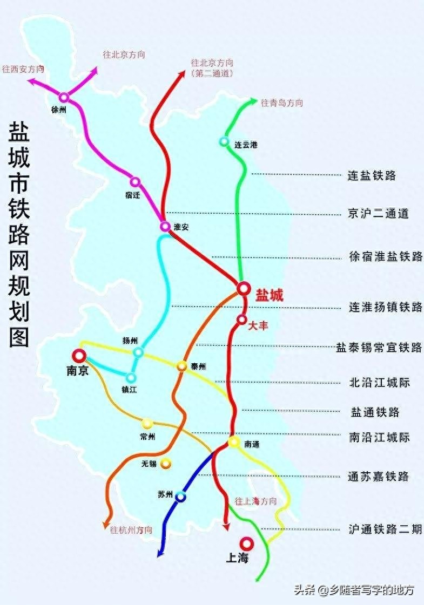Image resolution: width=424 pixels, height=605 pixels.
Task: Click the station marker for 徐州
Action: tap(64, 98)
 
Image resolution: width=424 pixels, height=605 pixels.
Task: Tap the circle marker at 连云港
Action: tap(224, 141)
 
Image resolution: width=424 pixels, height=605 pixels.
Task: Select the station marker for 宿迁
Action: tap(135, 182)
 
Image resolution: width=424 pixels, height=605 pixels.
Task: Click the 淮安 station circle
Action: tap(165, 226)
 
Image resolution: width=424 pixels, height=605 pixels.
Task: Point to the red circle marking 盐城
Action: tap(244, 289)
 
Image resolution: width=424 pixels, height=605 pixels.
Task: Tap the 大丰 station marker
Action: tap(241, 320)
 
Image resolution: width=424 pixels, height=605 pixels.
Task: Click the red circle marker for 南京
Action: tap(79, 356)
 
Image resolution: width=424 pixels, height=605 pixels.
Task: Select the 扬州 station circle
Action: tap(138, 352)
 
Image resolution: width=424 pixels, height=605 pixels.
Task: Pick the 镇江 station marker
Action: tap(131, 378)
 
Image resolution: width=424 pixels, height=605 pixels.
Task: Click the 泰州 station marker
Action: tap(182, 366)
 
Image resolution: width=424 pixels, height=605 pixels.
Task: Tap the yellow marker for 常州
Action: tap(147, 423)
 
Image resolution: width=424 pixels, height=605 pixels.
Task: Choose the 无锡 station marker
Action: tap(165, 463)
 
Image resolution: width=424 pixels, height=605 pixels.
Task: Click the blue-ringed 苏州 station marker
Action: tap(180, 496)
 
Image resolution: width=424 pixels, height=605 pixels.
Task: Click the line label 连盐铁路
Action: tap(372, 175)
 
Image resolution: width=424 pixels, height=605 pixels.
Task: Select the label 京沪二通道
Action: tap(378, 214)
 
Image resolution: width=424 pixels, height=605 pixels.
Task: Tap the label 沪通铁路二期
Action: tap(385, 529)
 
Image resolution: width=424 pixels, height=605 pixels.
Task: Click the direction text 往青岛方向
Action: tap(282, 103)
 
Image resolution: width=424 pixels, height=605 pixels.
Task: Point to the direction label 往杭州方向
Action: tap(131, 529)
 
